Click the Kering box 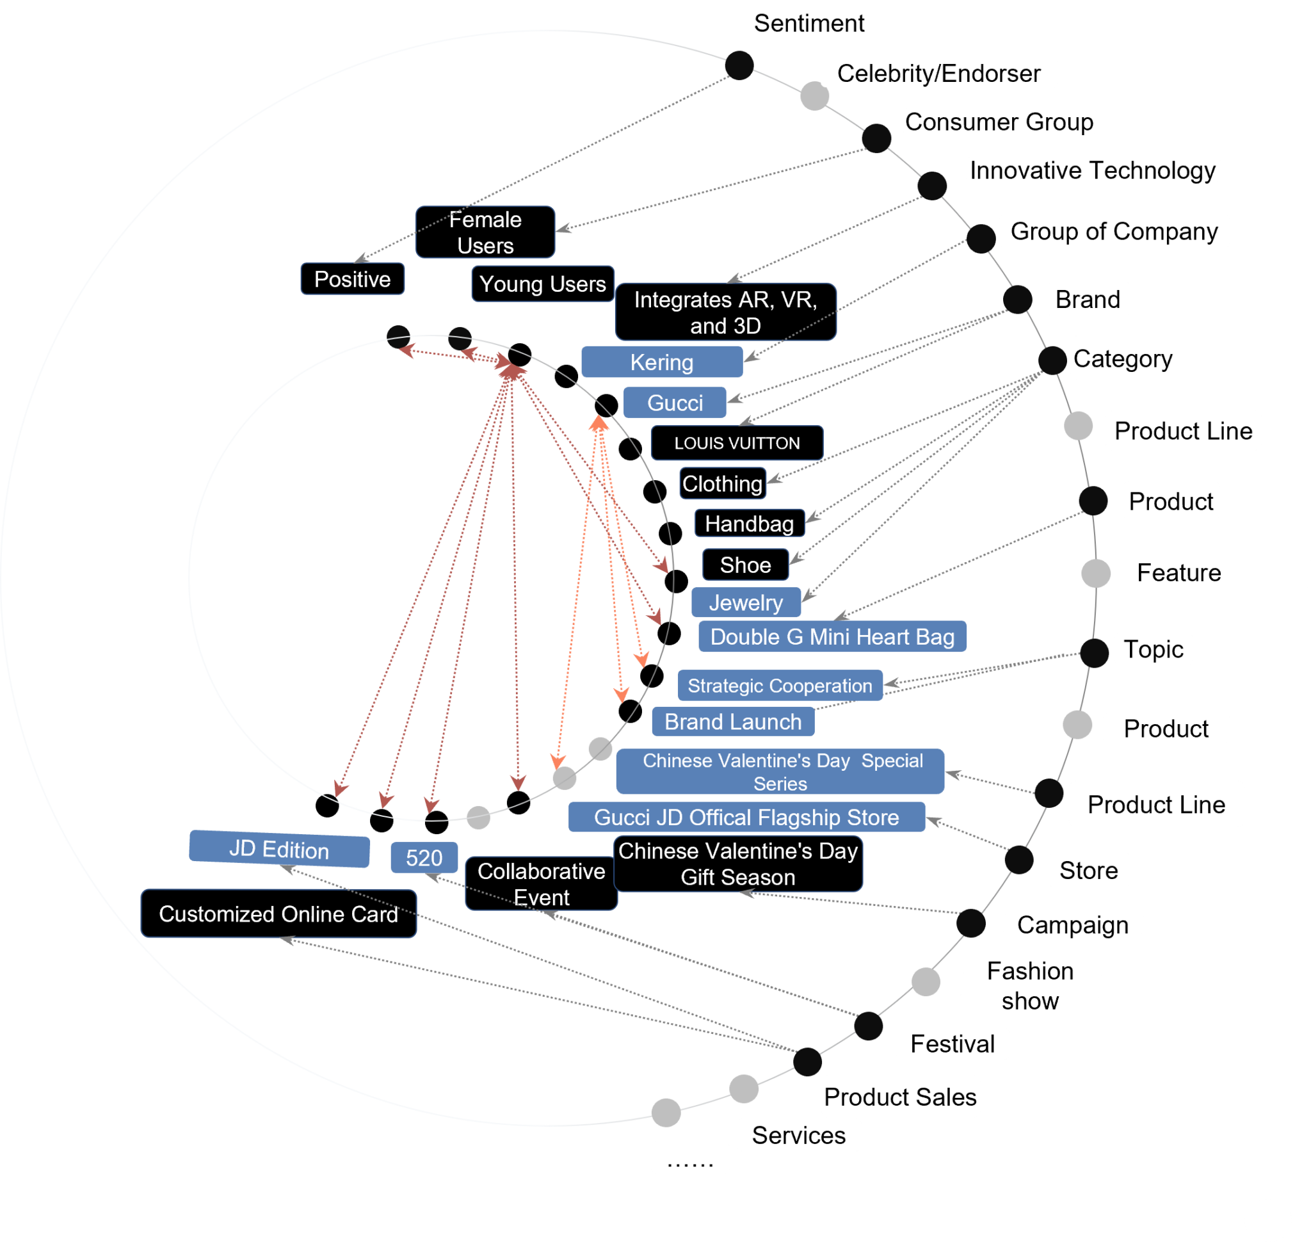click(x=661, y=362)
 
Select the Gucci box click(x=675, y=403)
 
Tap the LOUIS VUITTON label click(x=736, y=443)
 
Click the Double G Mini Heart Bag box click(x=832, y=637)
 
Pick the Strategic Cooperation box click(x=779, y=685)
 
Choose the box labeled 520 click(x=424, y=857)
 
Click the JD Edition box click(x=278, y=850)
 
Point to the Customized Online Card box click(x=278, y=914)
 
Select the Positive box click(x=352, y=279)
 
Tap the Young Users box click(x=542, y=284)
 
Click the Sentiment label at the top click(x=808, y=23)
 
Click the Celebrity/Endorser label click(x=938, y=73)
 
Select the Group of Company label click(x=1114, y=231)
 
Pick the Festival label click(x=952, y=1044)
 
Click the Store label click(x=1088, y=870)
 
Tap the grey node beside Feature click(x=1096, y=573)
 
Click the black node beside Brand click(x=1018, y=299)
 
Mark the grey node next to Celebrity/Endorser click(x=814, y=96)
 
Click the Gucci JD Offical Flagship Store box click(x=746, y=817)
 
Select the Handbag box click(x=749, y=524)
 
